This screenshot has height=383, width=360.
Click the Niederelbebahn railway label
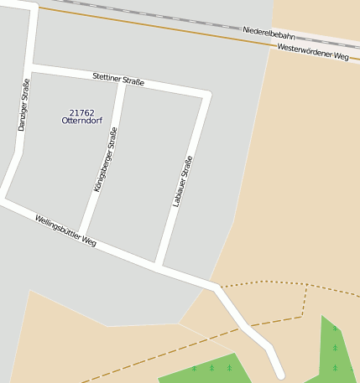click(269, 34)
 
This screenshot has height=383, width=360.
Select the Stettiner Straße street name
click(118, 80)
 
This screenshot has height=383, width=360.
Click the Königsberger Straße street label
click(106, 159)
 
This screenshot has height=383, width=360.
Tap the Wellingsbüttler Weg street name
click(65, 231)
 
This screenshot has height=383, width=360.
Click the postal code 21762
click(81, 112)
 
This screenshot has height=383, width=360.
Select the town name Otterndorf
click(81, 121)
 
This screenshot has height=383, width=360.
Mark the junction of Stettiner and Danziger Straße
click(30, 66)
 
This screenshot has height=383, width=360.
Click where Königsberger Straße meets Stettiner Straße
click(124, 82)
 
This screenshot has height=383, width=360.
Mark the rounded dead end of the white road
click(279, 374)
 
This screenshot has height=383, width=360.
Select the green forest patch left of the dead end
click(206, 370)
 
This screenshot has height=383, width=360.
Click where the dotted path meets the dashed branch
click(306, 286)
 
